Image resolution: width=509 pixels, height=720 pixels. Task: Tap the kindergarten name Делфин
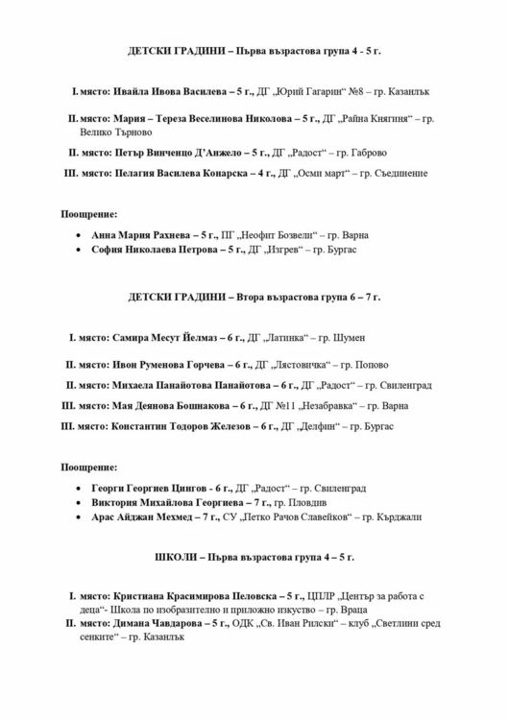(318, 425)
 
